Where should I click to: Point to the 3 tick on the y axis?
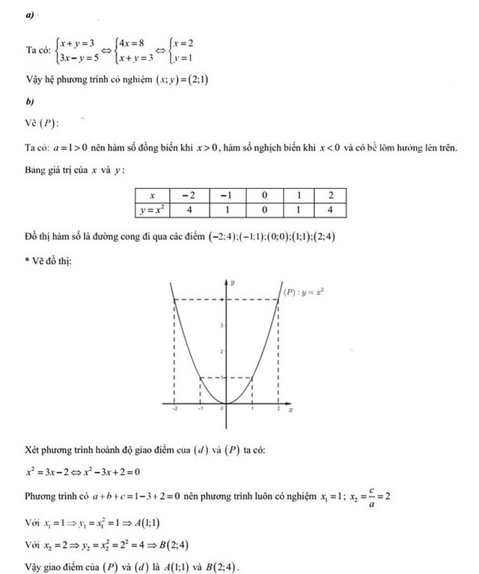(x=222, y=325)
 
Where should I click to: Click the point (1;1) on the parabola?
(x=252, y=377)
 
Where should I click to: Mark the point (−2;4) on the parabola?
(x=174, y=300)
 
